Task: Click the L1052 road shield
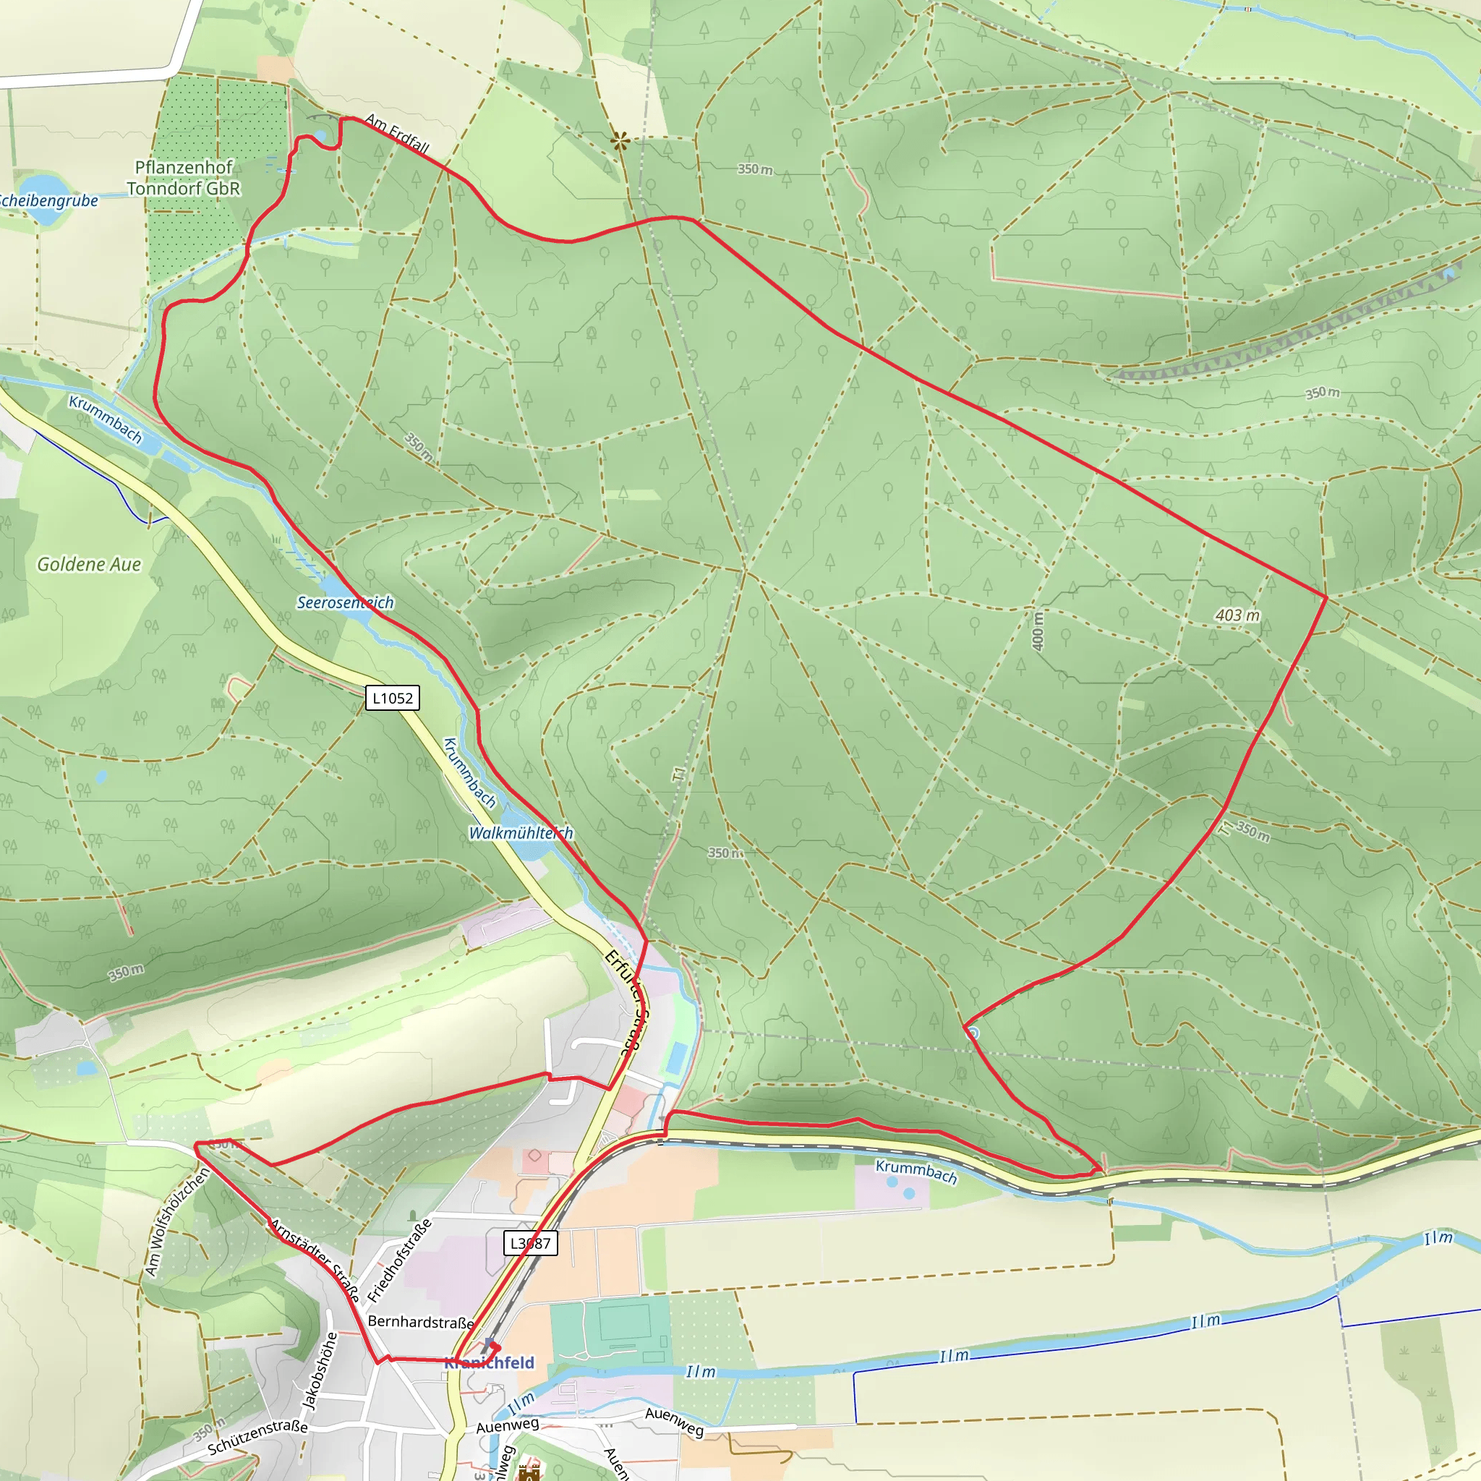[x=393, y=698]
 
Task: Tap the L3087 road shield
[x=529, y=1242]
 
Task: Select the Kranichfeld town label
[x=489, y=1362]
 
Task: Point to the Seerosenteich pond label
[x=345, y=602]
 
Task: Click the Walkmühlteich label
[x=521, y=832]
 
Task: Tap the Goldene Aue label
[x=89, y=564]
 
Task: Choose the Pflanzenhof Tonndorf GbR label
[x=183, y=178]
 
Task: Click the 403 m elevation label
[x=1237, y=615]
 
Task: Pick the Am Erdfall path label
[x=396, y=132]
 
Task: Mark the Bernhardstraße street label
[x=421, y=1322]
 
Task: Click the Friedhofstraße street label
[x=399, y=1260]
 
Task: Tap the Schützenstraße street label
[x=257, y=1437]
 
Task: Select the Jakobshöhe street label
[x=320, y=1371]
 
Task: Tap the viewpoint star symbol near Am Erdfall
[x=620, y=141]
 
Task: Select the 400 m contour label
[x=1037, y=631]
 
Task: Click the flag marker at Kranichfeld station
[x=490, y=1344]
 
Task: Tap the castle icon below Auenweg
[x=529, y=1472]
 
